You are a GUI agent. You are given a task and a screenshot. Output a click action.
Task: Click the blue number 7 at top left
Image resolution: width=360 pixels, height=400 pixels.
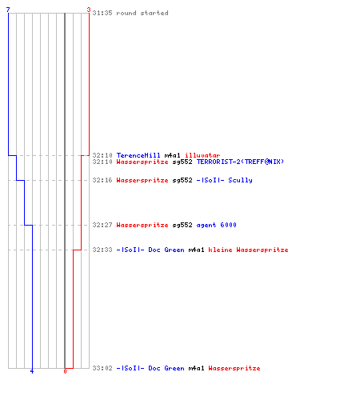point(8,10)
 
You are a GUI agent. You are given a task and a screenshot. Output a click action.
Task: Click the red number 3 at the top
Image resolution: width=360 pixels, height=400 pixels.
point(89,10)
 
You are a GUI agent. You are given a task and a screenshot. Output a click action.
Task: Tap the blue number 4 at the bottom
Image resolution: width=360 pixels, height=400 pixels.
point(32,371)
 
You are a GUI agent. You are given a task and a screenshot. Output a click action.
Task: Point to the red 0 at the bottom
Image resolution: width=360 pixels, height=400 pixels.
point(65,371)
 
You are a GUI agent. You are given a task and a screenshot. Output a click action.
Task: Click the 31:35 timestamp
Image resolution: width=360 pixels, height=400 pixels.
point(102,13)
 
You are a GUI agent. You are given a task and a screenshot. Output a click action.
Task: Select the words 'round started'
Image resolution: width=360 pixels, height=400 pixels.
point(142,13)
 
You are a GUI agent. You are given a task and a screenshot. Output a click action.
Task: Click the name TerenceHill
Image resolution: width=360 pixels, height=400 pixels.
point(138,155)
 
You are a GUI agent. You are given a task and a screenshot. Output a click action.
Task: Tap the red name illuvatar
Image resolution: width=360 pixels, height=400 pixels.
point(202,155)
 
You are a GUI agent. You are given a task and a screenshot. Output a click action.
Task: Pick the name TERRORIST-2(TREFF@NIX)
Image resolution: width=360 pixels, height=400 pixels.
point(240,162)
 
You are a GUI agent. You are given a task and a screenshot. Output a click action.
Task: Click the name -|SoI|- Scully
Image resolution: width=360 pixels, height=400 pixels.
point(225,180)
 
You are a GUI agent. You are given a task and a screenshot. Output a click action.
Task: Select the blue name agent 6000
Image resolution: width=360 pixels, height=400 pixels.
point(217,225)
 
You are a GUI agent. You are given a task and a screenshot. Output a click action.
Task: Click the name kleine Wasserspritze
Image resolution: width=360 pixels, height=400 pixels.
point(248,250)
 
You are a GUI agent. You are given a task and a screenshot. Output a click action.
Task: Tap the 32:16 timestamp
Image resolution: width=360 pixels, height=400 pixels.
point(102,180)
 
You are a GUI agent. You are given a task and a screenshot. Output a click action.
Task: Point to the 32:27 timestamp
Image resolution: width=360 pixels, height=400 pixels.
point(102,225)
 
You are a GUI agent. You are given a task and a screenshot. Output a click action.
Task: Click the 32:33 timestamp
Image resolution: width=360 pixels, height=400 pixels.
point(102,250)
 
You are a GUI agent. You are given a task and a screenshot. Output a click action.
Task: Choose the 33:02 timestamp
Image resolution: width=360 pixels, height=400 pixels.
point(102,368)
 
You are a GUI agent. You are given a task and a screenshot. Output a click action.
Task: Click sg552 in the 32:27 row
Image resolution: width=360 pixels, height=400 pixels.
point(182,225)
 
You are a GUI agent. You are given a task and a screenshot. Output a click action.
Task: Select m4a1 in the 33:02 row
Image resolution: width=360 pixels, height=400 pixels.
point(197,368)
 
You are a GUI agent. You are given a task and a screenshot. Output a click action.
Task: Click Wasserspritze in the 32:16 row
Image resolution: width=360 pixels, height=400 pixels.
point(142,180)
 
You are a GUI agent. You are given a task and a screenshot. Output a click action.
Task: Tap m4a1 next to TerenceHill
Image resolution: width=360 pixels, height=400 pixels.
point(173,155)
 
